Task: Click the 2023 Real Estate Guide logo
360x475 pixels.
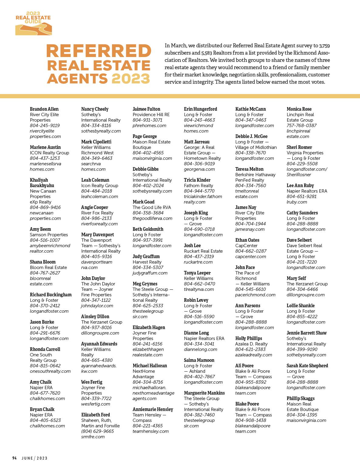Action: pyautogui.click(x=33, y=23)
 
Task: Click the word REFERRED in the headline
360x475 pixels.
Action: pyautogui.click(x=99, y=51)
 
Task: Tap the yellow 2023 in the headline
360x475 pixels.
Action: pyautogui.click(x=131, y=78)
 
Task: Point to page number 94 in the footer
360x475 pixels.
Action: pyautogui.click(x=14, y=458)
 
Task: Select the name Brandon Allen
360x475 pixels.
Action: pyautogui.click(x=44, y=109)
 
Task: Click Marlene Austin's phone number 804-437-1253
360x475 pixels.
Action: pyautogui.click(x=45, y=158)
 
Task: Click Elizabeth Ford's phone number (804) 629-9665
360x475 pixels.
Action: pyautogui.click(x=97, y=431)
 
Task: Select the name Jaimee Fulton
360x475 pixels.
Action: pyautogui.click(x=146, y=109)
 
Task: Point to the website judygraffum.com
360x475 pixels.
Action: pyautogui.click(x=150, y=273)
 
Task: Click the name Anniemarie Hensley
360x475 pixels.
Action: pyautogui.click(x=153, y=409)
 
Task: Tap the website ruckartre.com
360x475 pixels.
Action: pyautogui.click(x=198, y=262)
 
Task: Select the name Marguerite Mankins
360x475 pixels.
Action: pyautogui.click(x=204, y=393)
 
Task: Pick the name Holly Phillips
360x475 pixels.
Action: pyautogui.click(x=249, y=339)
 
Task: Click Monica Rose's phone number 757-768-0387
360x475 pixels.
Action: pyautogui.click(x=301, y=126)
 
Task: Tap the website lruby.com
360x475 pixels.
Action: pyautogui.click(x=297, y=202)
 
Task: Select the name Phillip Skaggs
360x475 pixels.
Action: pyautogui.click(x=301, y=399)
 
